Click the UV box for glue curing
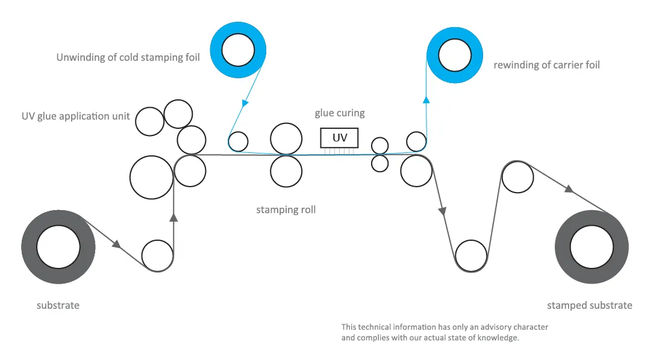tap(340, 138)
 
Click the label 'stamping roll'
tap(286, 210)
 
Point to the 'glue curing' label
tap(340, 113)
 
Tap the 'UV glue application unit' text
tap(75, 116)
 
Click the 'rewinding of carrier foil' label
tap(546, 64)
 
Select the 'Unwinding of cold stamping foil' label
tap(128, 58)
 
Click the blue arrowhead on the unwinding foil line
tap(245, 103)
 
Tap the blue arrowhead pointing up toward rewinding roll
tap(426, 99)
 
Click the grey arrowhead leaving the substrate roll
tap(117, 244)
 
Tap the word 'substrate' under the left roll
tap(58, 305)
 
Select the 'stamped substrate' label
tap(589, 305)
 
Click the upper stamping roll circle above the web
tap(286, 139)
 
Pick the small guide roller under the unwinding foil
tap(239, 141)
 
